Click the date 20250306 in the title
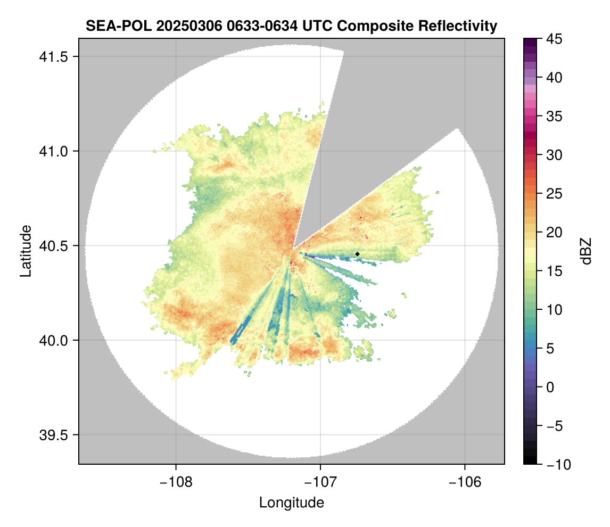pos(175,26)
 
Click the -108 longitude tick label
pos(176,482)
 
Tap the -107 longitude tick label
pos(320,482)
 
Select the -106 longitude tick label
pos(465,482)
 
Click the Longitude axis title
pos(292,503)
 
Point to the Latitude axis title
pos(25,251)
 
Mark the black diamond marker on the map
pos(358,254)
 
